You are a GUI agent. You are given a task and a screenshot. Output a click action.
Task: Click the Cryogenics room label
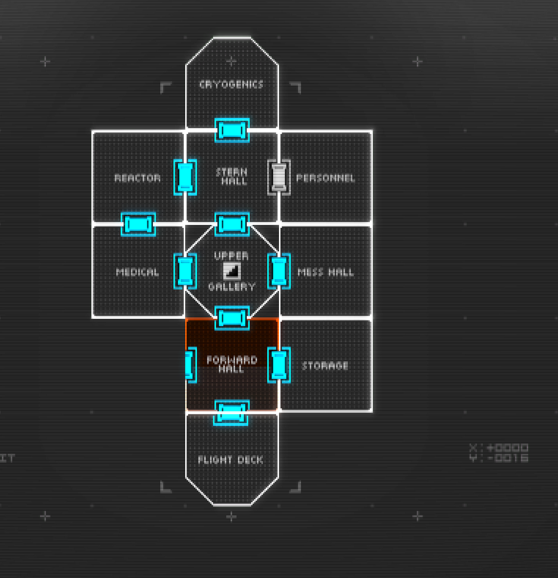[x=231, y=85]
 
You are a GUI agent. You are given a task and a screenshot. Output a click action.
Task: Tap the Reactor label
[x=137, y=178]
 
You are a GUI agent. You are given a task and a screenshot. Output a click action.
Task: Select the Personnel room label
[x=325, y=178]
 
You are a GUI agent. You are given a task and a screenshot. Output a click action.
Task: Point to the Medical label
[x=137, y=273]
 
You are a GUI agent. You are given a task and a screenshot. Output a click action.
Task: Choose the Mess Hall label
[x=326, y=273]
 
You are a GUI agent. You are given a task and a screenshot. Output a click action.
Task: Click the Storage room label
[x=325, y=366]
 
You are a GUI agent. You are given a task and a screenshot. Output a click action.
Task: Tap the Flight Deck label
[x=231, y=460]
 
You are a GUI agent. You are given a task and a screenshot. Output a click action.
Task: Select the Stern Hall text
[x=232, y=176]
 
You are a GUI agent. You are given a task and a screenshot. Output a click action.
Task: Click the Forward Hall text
[x=232, y=364]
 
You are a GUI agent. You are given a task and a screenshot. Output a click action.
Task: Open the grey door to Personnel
[x=279, y=177]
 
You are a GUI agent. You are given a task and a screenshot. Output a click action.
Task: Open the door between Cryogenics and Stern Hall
[x=232, y=130]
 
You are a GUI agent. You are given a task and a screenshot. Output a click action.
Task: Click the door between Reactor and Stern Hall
[x=185, y=177]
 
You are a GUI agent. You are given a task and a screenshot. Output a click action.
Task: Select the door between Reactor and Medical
[x=138, y=224]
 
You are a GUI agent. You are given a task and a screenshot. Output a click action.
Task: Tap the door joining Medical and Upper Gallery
[x=185, y=271]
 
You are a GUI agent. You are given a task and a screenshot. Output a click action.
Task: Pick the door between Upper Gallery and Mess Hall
[x=279, y=271]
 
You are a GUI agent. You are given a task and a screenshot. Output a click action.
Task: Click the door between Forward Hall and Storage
[x=279, y=365]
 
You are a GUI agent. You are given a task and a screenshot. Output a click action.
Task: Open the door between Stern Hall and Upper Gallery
[x=232, y=224]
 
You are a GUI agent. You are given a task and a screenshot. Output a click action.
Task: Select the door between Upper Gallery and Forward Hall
[x=232, y=318]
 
